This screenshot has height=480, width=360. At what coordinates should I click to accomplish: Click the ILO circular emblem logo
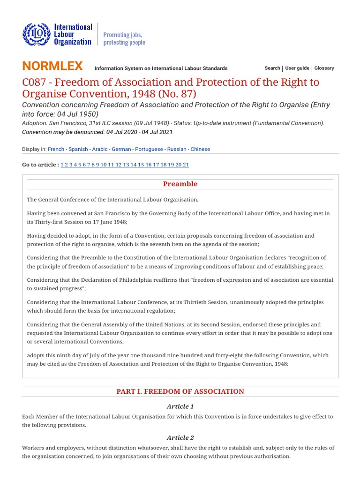click(x=35, y=35)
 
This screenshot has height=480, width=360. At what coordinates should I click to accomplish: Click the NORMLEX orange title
click(x=52, y=66)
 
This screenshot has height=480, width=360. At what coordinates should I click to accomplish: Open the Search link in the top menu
click(x=272, y=68)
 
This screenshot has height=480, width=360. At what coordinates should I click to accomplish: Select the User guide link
click(x=297, y=68)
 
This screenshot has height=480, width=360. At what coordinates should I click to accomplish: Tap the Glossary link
click(x=324, y=68)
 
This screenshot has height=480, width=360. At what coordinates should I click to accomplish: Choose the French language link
click(x=56, y=149)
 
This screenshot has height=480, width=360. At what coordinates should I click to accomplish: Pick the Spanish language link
click(x=78, y=149)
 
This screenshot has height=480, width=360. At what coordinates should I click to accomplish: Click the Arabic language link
click(x=100, y=149)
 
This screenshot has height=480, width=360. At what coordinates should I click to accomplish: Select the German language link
click(x=121, y=149)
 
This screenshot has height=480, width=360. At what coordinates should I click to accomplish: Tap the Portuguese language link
click(x=149, y=149)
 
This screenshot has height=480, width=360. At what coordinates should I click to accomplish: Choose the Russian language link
click(x=177, y=149)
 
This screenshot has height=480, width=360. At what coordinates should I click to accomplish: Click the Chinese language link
click(x=200, y=149)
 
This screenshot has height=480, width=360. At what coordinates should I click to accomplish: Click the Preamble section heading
click(x=180, y=184)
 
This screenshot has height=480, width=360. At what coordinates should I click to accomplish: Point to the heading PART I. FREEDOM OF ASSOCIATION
click(x=180, y=391)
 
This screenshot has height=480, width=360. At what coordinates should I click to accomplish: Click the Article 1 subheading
click(x=180, y=406)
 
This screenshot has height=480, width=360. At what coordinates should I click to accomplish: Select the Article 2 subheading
click(x=180, y=438)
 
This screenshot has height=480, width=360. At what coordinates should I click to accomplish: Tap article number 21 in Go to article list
click(x=186, y=165)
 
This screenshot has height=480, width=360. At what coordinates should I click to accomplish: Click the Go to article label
click(x=40, y=165)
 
